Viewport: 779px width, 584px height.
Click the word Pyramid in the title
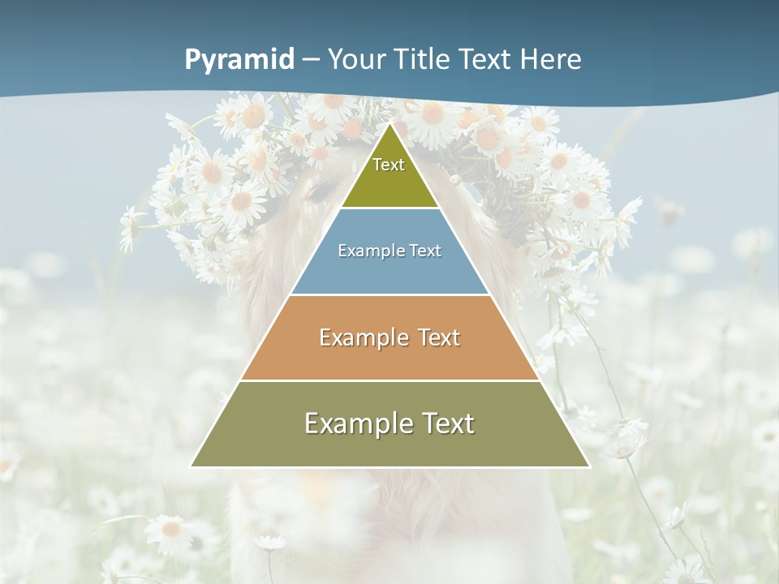pyautogui.click(x=239, y=60)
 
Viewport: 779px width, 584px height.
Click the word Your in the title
pyautogui.click(x=357, y=60)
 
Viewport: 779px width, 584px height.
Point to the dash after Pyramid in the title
pyautogui.click(x=311, y=60)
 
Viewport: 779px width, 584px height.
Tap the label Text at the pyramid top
pyautogui.click(x=389, y=165)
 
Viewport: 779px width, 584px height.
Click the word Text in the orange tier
pyautogui.click(x=435, y=337)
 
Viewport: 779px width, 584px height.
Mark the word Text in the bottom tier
pyautogui.click(x=445, y=423)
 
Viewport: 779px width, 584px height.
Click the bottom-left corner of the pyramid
pyautogui.click(x=192, y=466)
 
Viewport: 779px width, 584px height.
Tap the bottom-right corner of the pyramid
pyautogui.click(x=588, y=466)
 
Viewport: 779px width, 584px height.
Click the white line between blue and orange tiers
pyautogui.click(x=389, y=294)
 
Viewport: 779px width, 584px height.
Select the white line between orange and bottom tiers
pyautogui.click(x=389, y=380)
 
